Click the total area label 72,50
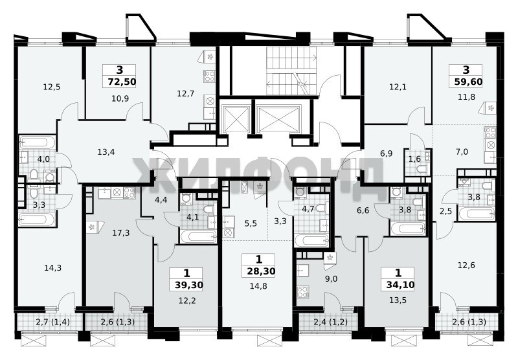pos(122,82)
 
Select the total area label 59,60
pos(468,82)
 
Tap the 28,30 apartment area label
pos(261,271)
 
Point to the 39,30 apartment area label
pos(188,285)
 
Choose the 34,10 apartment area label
pos(400,285)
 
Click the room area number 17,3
pos(121,233)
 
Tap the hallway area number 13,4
pos(106,152)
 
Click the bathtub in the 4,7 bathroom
pos(311,240)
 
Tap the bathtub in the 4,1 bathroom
pos(198,236)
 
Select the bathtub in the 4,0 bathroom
pos(38,142)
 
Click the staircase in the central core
pos(291,71)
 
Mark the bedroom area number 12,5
pos(52,87)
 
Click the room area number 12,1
pos(398,87)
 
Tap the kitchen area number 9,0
pos(332,280)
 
